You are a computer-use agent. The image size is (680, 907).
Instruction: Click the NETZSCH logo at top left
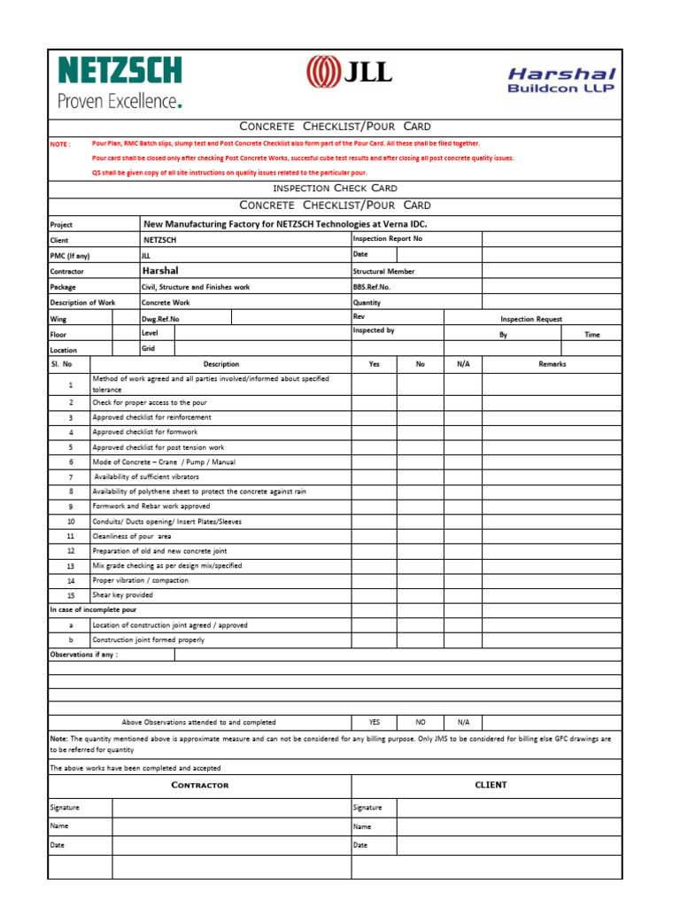click(120, 81)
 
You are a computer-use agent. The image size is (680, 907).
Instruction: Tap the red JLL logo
click(349, 71)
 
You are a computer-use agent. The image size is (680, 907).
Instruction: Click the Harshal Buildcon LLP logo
click(561, 80)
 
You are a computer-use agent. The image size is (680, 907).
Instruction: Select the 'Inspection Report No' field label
click(388, 239)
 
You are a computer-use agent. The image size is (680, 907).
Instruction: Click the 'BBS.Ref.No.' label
click(371, 287)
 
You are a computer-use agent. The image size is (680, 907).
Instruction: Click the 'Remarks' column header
click(552, 364)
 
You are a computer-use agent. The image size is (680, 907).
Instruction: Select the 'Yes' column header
click(374, 364)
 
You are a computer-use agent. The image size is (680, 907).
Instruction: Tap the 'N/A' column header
click(463, 364)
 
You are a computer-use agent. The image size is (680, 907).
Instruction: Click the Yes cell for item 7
click(374, 477)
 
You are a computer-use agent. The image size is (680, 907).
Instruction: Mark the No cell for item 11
click(420, 537)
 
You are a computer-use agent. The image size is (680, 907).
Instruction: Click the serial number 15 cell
click(71, 596)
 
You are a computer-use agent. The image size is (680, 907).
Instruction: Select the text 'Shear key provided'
click(122, 596)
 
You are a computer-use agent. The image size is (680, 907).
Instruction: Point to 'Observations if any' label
click(83, 655)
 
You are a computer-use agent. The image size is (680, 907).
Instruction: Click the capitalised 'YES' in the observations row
click(374, 723)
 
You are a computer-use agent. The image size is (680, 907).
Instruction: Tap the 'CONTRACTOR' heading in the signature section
click(199, 786)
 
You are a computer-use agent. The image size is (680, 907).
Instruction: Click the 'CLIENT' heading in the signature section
click(491, 785)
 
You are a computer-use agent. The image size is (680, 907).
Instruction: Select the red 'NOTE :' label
click(60, 143)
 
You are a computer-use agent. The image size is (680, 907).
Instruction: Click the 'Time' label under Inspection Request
click(591, 335)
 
